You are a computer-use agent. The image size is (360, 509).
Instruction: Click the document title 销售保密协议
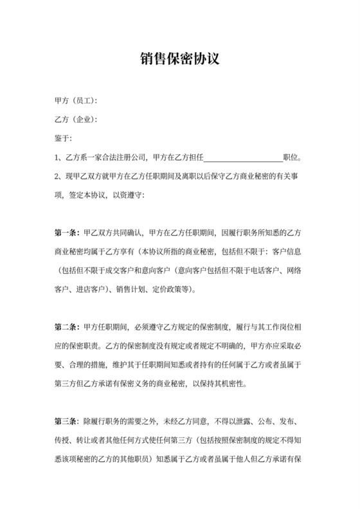[x=180, y=59]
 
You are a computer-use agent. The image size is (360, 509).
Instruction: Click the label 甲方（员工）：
[x=76, y=101]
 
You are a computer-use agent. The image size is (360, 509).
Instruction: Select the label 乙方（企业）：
[x=76, y=120]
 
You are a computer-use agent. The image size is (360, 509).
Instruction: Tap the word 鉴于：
[x=64, y=138]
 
